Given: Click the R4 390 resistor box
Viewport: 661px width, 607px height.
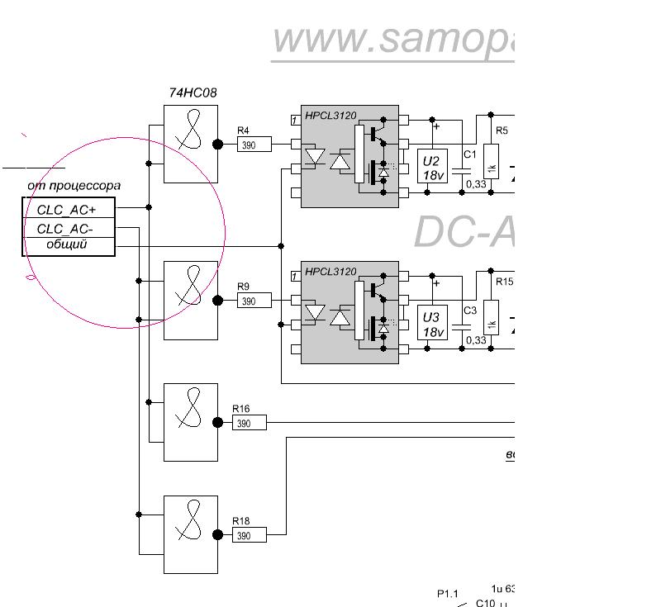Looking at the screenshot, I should (x=251, y=145).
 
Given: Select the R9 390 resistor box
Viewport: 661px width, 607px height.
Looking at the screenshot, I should (x=251, y=301).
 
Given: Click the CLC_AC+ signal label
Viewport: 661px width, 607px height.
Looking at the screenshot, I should (x=67, y=210).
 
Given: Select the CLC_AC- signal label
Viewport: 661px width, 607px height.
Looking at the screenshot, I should (x=65, y=229).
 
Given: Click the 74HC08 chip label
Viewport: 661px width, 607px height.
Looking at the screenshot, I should (x=193, y=93).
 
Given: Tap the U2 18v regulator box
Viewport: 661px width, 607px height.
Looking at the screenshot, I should (x=431, y=164).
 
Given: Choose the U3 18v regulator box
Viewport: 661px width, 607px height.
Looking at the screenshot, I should (x=431, y=324).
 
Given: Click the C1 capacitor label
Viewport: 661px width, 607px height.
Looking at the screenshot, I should (x=469, y=154).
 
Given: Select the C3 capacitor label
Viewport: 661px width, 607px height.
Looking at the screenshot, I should (x=469, y=311).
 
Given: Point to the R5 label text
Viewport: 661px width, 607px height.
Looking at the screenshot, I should (x=502, y=130).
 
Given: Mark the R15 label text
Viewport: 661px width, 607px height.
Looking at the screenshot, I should (x=504, y=282).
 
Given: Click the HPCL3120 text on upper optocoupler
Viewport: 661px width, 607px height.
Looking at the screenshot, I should (x=330, y=116).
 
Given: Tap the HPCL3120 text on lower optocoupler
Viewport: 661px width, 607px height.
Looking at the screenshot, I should (x=330, y=272).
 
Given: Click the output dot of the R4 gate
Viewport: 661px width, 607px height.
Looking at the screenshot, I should (x=218, y=144).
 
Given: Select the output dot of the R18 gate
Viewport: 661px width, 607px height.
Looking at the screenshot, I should (x=218, y=535).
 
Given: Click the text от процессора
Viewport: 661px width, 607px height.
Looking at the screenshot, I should (x=74, y=186).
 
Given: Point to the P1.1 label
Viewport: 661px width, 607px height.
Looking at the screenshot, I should (x=447, y=594).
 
